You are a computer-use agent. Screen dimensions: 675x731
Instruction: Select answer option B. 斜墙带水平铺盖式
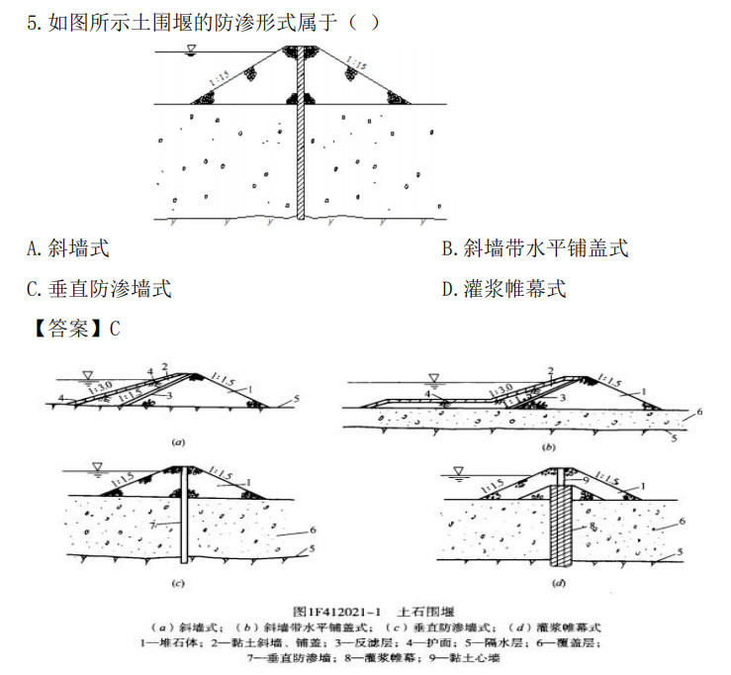click(534, 248)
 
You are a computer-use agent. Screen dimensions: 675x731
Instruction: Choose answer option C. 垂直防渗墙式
click(99, 289)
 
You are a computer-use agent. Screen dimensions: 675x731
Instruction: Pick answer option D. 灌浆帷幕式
click(503, 289)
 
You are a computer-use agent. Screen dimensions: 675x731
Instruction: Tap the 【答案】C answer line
click(75, 330)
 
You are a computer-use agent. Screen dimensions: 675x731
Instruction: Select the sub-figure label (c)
click(179, 584)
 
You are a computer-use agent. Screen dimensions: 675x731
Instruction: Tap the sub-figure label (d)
click(559, 584)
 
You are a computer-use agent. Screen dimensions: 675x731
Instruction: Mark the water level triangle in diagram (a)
click(89, 373)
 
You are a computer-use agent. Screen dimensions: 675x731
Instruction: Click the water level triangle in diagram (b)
click(432, 376)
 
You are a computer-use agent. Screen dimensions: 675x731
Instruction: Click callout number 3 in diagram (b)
click(561, 396)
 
